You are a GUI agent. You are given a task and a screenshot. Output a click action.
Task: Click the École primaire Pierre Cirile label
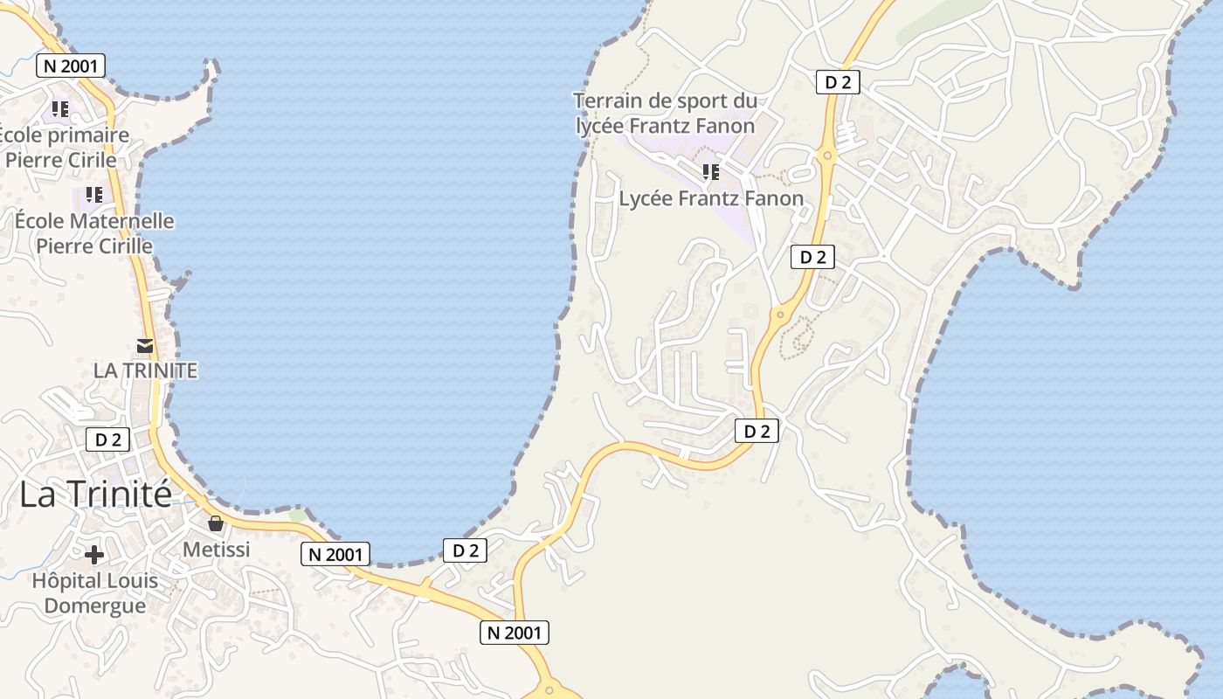point(61,148)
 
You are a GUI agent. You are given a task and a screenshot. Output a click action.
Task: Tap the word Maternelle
point(120,221)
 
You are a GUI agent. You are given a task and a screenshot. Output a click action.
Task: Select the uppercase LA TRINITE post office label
point(145,370)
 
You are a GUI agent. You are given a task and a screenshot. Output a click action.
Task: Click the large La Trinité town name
point(95,495)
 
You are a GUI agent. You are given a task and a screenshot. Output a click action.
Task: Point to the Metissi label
point(216,550)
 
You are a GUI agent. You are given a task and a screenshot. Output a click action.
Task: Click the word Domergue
point(94,606)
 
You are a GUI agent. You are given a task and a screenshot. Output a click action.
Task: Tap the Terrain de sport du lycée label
point(665,114)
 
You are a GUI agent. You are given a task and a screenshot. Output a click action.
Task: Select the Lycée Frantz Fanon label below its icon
point(711,198)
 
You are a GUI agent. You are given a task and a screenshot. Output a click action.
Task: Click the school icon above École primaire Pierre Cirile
point(59,109)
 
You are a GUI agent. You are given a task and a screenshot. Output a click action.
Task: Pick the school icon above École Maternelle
point(93,195)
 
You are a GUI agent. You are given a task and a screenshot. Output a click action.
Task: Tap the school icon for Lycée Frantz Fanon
point(710,171)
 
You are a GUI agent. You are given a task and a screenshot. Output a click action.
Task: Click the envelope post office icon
point(145,346)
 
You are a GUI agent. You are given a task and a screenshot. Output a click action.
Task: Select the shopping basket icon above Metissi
point(215,524)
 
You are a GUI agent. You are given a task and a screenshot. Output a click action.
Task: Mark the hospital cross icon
point(93,555)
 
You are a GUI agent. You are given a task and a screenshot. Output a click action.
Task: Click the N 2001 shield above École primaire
point(71,65)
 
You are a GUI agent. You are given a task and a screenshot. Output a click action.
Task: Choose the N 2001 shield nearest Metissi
point(335,553)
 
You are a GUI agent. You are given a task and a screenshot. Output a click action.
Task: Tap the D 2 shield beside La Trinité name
point(107,439)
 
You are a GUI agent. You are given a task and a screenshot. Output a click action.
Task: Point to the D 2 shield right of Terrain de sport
point(837,82)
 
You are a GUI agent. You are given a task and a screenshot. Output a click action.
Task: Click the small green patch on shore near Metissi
point(299,515)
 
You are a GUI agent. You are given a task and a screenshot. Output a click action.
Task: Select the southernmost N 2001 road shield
point(514,633)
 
